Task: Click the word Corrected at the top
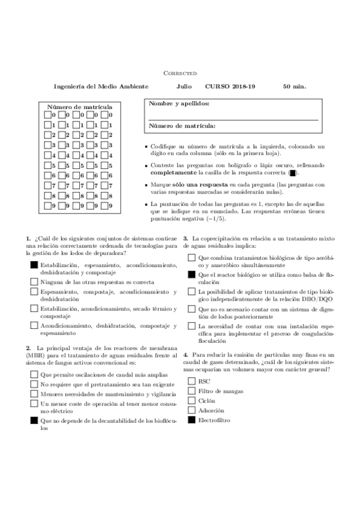pos(180,73)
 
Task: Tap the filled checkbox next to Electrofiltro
pos(191,420)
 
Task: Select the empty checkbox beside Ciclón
pos(191,401)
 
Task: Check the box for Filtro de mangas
pos(191,391)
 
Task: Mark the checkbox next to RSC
pos(191,381)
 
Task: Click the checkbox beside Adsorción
pos(191,410)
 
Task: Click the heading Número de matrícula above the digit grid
pos(79,107)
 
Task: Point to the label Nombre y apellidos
pos(179,104)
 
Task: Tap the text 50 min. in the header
pos(294,86)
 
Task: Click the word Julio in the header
pos(184,86)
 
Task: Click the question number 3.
pos(186,239)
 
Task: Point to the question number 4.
pos(186,355)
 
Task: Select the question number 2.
pos(28,348)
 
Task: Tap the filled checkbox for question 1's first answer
pos(34,265)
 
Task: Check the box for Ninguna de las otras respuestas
pos(34,281)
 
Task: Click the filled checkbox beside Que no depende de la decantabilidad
pos(34,422)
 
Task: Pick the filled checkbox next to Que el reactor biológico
pos(191,274)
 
